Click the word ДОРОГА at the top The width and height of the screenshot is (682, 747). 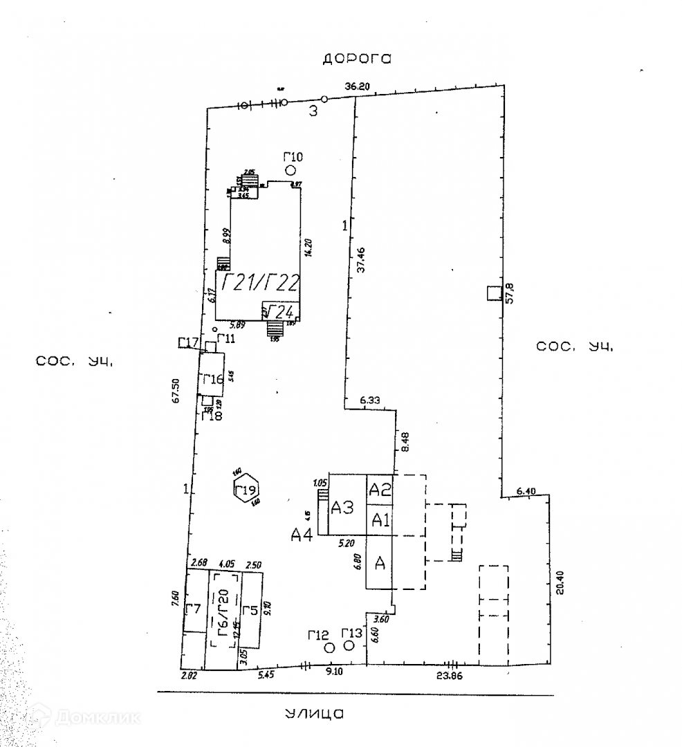pos(357,59)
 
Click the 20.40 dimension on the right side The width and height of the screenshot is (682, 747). pos(560,582)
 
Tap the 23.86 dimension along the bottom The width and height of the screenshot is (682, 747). pos(450,676)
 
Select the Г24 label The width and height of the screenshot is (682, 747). pos(282,311)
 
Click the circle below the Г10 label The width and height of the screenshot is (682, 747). pos(291,170)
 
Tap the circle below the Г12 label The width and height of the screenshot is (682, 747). pos(329,647)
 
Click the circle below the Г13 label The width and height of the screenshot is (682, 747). pos(349,646)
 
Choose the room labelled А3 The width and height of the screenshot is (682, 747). pos(342,508)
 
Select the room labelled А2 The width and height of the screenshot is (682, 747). pos(380,490)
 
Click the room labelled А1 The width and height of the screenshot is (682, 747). pos(380,520)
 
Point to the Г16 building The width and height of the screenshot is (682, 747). pos(212,378)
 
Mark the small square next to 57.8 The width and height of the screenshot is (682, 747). pos(493,293)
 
